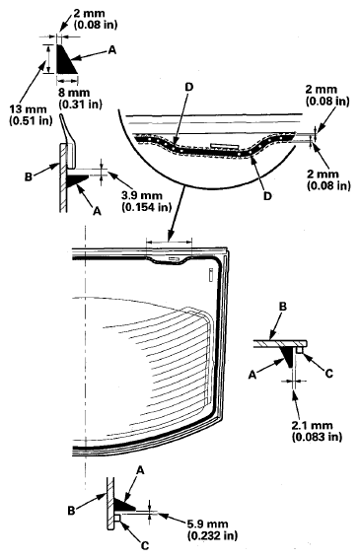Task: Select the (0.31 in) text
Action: pyautogui.click(x=78, y=102)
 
